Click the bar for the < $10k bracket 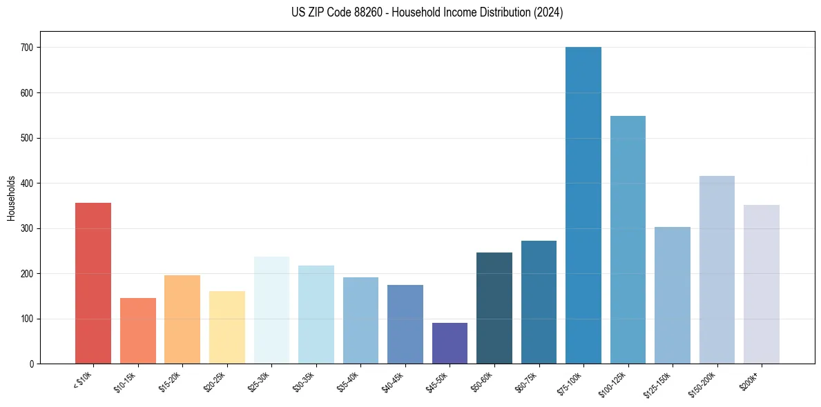(93, 283)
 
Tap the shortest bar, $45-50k (450, 343)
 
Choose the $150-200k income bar (717, 270)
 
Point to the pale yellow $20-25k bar (227, 327)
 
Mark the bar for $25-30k (271, 310)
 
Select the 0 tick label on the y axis (32, 364)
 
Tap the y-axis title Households (11, 197)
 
